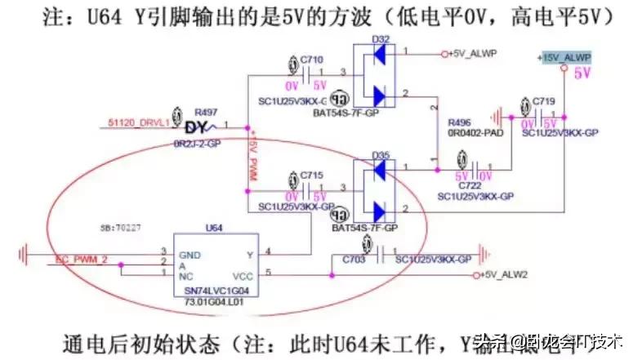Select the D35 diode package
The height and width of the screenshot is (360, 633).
378,191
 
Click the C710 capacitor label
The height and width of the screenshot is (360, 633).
312,60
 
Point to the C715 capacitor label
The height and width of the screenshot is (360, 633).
312,175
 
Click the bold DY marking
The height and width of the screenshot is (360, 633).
196,127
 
